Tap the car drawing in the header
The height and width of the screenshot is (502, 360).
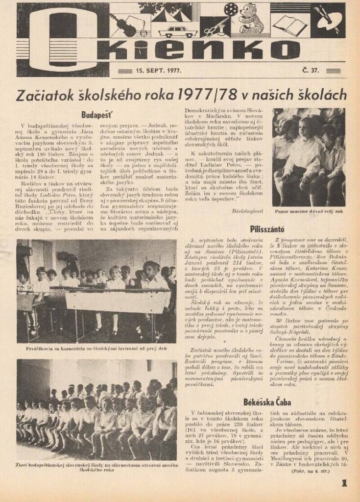pyautogui.click(x=178, y=32)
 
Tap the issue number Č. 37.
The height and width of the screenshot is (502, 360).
pyautogui.click(x=311, y=70)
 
